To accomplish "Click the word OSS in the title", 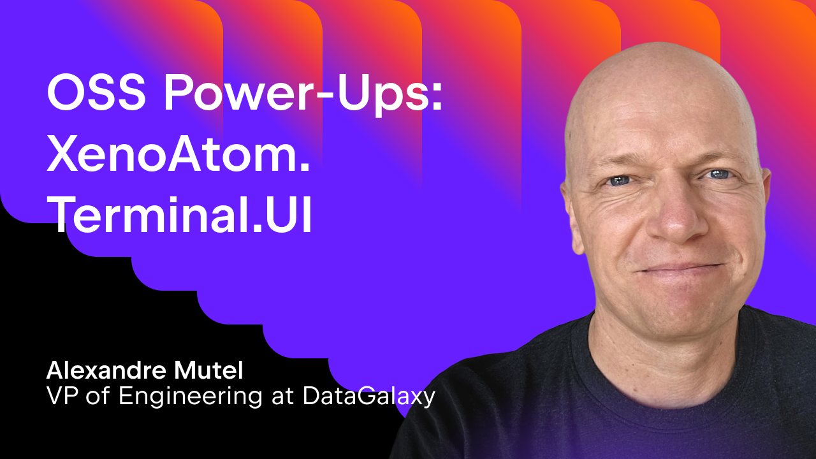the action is (x=96, y=92).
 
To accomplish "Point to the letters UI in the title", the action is (x=289, y=214).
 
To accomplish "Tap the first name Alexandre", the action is (x=106, y=370).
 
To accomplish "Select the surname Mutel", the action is (x=208, y=370).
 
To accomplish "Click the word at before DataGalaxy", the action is (x=282, y=397).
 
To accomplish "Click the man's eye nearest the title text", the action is (x=619, y=180).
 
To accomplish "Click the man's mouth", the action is (x=680, y=269).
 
